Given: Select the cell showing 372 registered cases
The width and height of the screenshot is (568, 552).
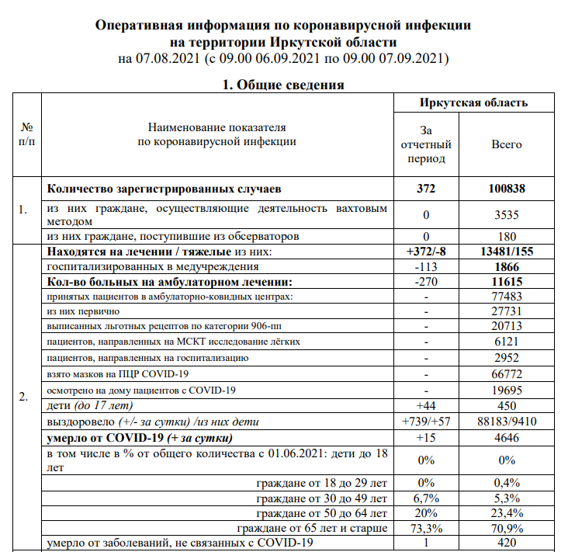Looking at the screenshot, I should (426, 189).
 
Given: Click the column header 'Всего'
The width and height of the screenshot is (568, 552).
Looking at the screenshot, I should (507, 144).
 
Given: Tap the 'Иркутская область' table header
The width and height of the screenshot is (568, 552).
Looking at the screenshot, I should (473, 102).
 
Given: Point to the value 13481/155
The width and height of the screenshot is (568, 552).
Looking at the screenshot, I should (507, 252).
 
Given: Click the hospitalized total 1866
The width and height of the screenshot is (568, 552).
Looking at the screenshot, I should (507, 266).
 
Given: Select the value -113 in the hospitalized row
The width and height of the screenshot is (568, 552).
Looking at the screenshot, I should (426, 266).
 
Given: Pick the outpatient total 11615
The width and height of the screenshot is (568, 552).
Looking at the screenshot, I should (507, 280).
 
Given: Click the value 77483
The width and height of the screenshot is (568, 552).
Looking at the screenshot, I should (507, 296).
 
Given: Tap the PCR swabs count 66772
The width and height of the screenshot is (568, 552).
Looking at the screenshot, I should (507, 373).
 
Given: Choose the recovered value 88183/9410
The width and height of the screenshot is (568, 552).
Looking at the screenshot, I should (507, 422).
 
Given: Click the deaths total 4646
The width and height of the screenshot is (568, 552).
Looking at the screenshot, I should (507, 437).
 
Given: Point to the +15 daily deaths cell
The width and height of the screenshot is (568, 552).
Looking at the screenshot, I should (426, 437).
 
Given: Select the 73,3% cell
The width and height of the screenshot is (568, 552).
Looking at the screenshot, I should (426, 529).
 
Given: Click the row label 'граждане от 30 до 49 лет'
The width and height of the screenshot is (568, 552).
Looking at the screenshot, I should (321, 498).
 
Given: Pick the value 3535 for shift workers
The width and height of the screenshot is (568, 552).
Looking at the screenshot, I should (507, 214).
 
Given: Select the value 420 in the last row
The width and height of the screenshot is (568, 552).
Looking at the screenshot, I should (507, 543).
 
